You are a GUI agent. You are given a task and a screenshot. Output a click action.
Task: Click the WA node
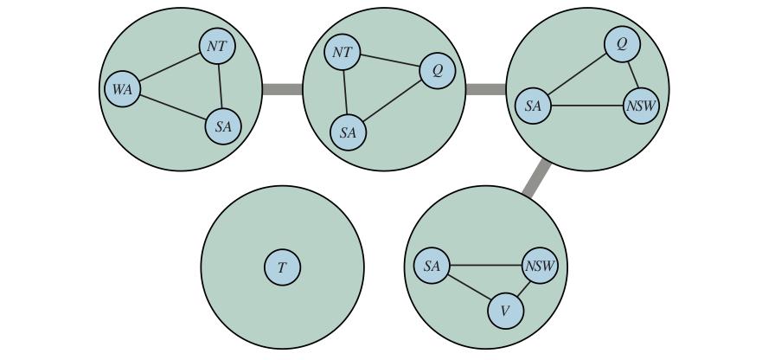123,89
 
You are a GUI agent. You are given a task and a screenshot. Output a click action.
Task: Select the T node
282,267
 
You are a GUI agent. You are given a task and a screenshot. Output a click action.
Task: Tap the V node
506,311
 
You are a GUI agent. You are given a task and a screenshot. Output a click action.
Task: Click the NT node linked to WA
217,46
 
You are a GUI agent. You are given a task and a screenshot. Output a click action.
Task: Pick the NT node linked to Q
343,53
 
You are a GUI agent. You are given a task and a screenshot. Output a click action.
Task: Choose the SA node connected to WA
223,126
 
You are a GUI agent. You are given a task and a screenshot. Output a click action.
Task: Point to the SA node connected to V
432,266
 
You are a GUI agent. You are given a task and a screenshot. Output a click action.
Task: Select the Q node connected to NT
438,71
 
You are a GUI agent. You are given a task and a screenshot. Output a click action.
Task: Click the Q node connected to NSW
622,44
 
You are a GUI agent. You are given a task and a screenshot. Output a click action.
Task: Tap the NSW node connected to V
540,266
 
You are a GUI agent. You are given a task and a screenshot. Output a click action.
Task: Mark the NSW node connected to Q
641,105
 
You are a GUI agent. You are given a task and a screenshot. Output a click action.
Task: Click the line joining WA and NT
170,67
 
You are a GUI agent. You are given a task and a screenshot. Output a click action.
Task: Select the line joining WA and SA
173,107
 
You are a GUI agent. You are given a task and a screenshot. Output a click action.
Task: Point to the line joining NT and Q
390,61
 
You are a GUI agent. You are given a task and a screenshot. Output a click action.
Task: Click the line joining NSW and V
523,288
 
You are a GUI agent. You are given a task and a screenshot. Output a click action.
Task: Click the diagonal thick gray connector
537,178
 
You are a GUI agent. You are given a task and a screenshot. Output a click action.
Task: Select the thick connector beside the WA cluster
282,89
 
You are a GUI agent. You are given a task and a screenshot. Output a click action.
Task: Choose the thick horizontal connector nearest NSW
486,89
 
